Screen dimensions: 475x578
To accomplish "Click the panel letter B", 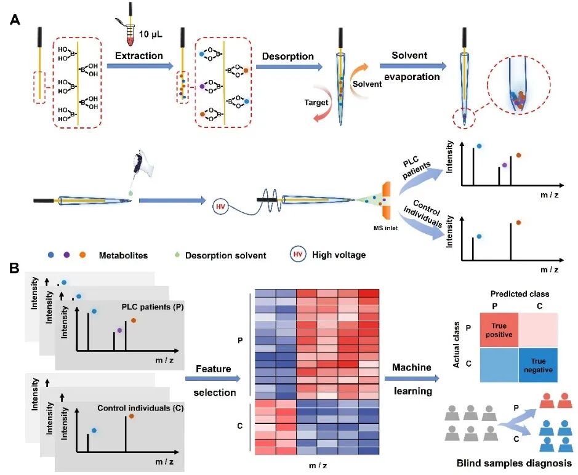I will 14,269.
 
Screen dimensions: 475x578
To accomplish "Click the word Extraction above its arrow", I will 139,56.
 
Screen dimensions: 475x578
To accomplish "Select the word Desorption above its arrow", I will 287,56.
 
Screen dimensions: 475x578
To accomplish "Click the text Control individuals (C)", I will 133,408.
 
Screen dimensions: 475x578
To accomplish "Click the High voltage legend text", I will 339,254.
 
